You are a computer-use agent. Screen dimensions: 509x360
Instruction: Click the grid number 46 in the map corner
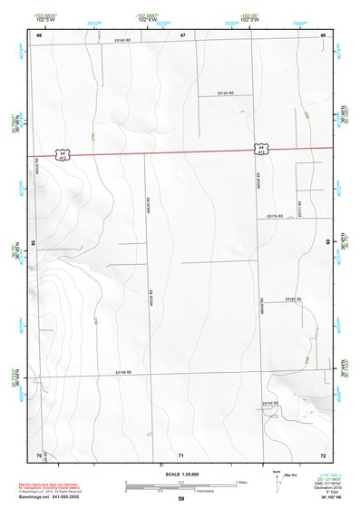pos(39,34)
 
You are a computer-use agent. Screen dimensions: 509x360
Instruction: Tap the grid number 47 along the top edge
pos(181,34)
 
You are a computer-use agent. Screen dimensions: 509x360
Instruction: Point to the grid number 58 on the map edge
pos(33,243)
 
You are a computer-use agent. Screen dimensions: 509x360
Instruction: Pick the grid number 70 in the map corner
pos(39,454)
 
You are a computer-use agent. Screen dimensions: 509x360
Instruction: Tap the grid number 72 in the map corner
pos(322,454)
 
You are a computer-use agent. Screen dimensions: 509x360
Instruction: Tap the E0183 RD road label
pos(292,299)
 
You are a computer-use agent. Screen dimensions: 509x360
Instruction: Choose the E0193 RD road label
pos(269,402)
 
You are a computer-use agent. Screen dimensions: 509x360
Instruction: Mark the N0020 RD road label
pos(37,168)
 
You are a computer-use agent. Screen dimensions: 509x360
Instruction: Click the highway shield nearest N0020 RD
pos(63,153)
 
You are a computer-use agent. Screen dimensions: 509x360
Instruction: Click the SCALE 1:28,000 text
pos(181,474)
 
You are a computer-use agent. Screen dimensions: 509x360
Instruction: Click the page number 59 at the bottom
pos(181,499)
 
